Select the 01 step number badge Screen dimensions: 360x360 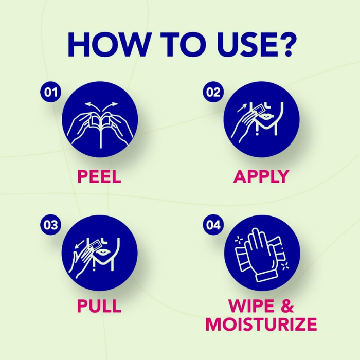tap(51, 92)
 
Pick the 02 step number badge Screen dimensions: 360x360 tap(213, 92)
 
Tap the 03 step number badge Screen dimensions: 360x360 tap(51, 225)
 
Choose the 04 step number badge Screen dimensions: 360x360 tap(213, 225)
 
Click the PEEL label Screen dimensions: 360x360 tap(99, 176)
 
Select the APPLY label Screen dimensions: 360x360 tap(261, 176)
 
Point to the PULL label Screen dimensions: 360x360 tap(99, 306)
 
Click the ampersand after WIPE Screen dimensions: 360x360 tap(287, 306)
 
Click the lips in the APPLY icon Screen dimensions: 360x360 tap(266, 116)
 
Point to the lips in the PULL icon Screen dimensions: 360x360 tap(103, 252)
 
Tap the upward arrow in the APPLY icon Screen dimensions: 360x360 tap(242, 108)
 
